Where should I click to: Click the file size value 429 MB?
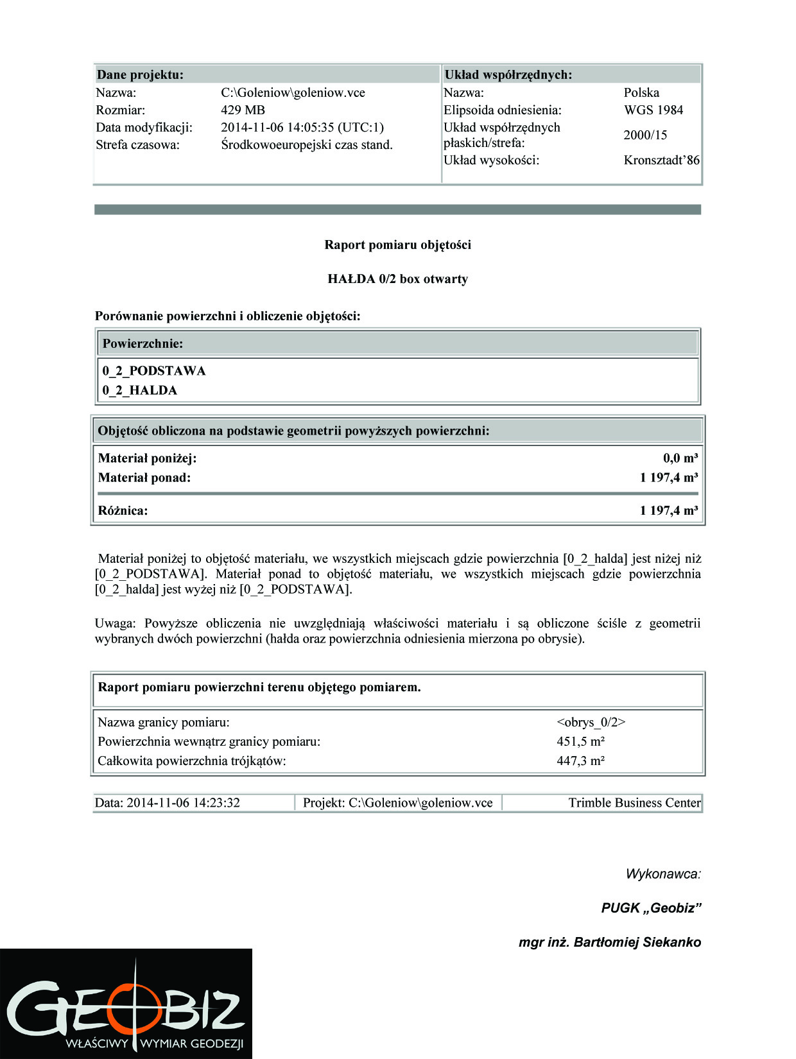coord(243,110)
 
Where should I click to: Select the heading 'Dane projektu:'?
coord(140,74)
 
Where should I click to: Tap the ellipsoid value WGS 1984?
coord(653,110)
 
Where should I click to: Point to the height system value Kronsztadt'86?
coord(661,160)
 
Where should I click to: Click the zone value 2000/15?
coord(645,135)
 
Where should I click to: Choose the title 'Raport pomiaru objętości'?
coord(397,245)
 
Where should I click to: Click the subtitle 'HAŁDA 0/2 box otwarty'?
coord(397,279)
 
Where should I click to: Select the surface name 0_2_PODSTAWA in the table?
coord(154,371)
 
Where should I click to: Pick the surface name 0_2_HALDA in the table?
coord(140,390)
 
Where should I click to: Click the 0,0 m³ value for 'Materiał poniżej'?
coord(680,458)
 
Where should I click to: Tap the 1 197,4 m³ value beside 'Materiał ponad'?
coord(668,478)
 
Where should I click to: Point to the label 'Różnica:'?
coord(123,511)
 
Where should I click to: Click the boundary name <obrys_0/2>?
coord(591,722)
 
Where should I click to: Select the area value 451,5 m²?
coord(581,741)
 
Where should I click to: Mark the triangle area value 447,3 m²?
coord(581,761)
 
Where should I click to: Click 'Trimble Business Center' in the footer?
coord(634,803)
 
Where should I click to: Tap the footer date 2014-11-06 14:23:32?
coord(183,803)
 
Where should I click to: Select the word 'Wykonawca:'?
coord(663,874)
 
